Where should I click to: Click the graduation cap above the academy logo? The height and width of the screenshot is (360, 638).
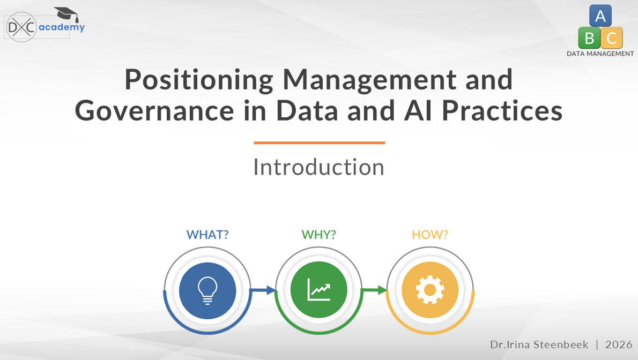pyautogui.click(x=66, y=14)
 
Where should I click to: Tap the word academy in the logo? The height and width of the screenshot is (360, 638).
pyautogui.click(x=62, y=27)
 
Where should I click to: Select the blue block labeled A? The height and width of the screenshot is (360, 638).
pyautogui.click(x=600, y=16)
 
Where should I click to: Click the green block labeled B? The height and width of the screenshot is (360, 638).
pyautogui.click(x=589, y=38)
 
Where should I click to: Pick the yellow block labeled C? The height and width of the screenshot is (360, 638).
pyautogui.click(x=612, y=38)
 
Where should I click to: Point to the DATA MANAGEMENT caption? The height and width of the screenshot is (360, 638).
pyautogui.click(x=600, y=54)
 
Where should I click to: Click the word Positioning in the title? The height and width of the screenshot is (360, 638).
pyautogui.click(x=199, y=80)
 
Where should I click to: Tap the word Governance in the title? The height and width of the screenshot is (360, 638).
pyautogui.click(x=154, y=111)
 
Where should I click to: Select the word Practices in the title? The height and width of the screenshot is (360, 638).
pyautogui.click(x=502, y=111)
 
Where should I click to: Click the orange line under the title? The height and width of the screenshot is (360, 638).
pyautogui.click(x=320, y=143)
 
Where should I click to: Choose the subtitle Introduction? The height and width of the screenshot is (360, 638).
pyautogui.click(x=319, y=167)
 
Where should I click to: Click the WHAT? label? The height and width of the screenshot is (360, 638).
pyautogui.click(x=207, y=235)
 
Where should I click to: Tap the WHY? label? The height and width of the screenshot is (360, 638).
pyautogui.click(x=318, y=235)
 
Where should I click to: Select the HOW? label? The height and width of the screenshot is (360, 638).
pyautogui.click(x=429, y=235)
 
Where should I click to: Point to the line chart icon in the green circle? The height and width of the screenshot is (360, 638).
pyautogui.click(x=318, y=290)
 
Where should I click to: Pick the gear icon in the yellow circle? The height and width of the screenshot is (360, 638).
pyautogui.click(x=430, y=290)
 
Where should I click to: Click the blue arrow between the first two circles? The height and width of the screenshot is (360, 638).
pyautogui.click(x=263, y=290)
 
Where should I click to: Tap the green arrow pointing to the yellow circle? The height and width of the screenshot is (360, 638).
pyautogui.click(x=374, y=290)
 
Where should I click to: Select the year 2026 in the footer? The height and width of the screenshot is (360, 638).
pyautogui.click(x=619, y=344)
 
